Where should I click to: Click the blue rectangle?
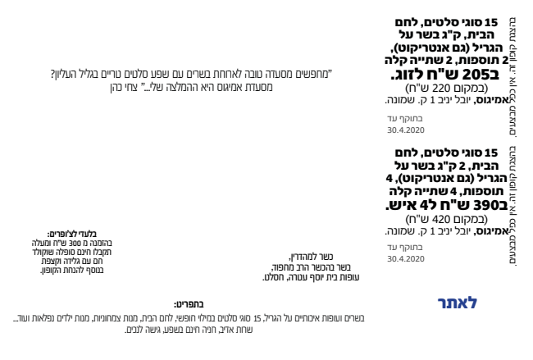point(457,303)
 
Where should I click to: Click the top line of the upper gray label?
point(405,119)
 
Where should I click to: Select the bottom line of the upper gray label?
point(405,130)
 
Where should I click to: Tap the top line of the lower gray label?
point(405,247)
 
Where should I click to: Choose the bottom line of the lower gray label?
point(405,258)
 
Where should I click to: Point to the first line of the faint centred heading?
point(190,73)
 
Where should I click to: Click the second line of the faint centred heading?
point(190,84)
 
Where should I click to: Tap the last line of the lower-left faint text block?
point(71,269)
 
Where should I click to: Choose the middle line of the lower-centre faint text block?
point(312,267)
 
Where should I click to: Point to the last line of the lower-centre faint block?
point(312,278)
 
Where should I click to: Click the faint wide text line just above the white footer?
point(197,316)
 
